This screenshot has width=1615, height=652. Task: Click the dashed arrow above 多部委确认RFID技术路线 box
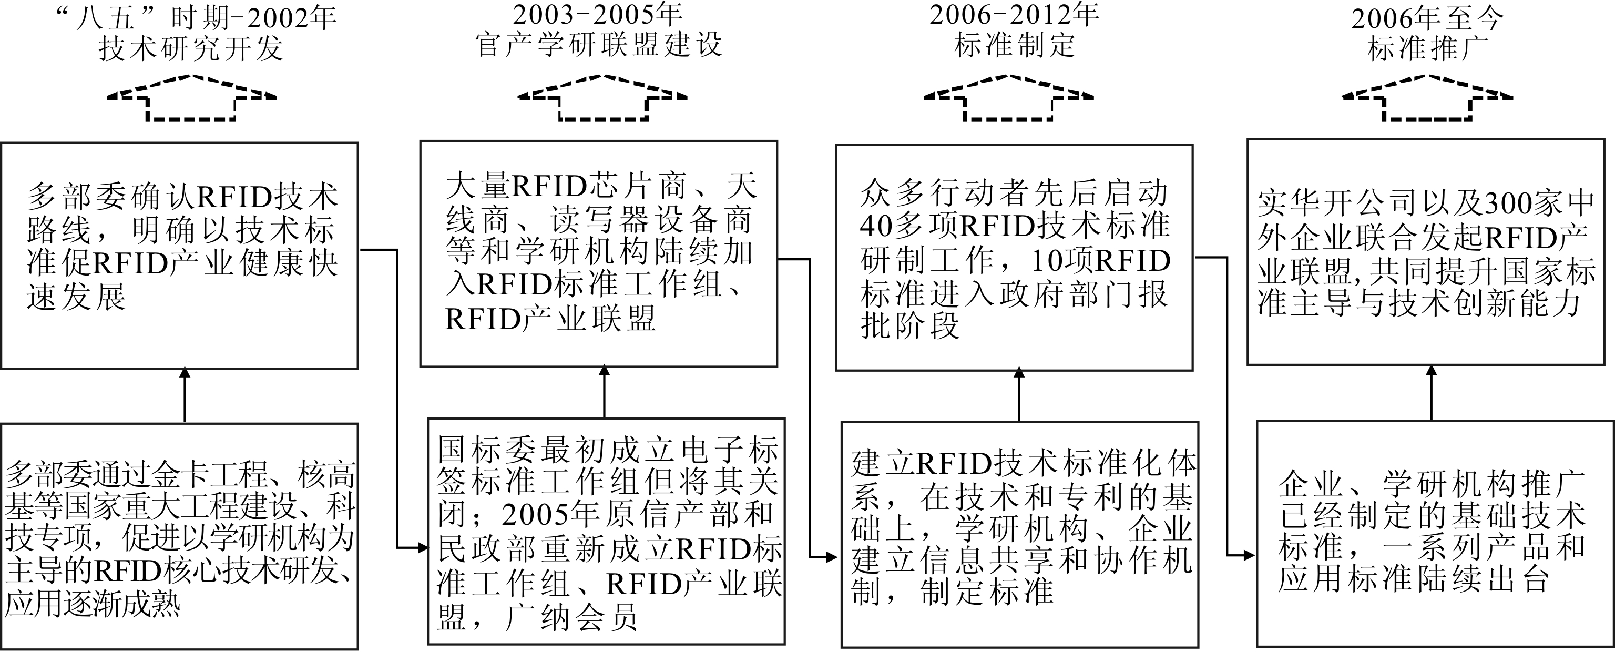pyautogui.click(x=191, y=98)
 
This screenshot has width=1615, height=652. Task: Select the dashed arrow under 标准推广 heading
pyautogui.click(x=1427, y=98)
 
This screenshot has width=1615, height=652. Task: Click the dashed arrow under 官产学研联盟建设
pyautogui.click(x=602, y=98)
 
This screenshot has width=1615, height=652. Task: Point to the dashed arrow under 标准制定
pyautogui.click(x=1009, y=98)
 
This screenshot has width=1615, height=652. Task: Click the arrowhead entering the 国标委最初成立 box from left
pyautogui.click(x=423, y=548)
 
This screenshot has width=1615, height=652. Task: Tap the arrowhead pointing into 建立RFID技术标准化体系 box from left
pyautogui.click(x=833, y=557)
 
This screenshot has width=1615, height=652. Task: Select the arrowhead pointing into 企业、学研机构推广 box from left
pyautogui.click(x=1249, y=555)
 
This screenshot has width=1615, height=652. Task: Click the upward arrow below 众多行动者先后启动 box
pyautogui.click(x=1019, y=395)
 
